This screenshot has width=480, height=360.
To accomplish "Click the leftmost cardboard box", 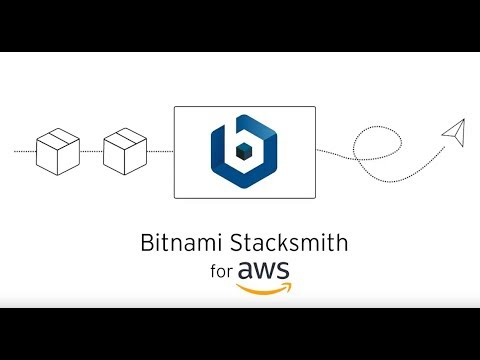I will [58, 151].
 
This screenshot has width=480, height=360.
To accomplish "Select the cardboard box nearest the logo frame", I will [124, 151].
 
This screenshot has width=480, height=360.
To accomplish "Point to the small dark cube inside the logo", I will [244, 152].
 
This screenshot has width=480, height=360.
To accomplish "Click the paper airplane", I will [454, 130].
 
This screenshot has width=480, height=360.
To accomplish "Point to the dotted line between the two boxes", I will [91, 151].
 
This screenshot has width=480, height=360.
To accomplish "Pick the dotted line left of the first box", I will [24, 151].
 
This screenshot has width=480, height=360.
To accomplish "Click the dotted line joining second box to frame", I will [160, 151].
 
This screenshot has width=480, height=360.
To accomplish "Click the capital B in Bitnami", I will [151, 242].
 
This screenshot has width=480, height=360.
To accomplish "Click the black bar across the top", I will [240, 25].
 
